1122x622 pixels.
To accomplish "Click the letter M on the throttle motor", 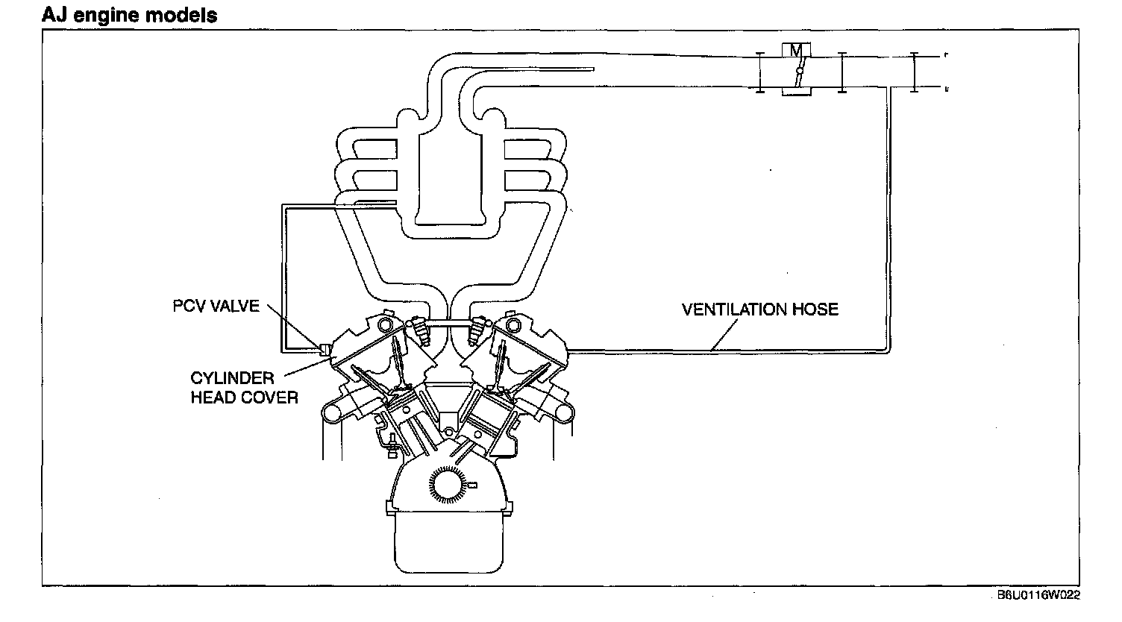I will point(797,51).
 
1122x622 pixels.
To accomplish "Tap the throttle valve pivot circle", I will point(797,72).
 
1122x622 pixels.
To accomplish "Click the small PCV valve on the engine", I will point(325,348).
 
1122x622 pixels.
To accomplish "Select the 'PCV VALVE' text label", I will point(216,307).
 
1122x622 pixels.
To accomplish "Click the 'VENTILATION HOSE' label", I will point(759,309).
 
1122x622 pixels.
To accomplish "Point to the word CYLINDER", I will point(232,378).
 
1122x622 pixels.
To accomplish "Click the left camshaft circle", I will point(385,325).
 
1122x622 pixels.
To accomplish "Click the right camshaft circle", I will point(511,325).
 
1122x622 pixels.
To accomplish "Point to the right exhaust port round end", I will point(565,411).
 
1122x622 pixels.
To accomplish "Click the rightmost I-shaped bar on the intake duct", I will point(914,72).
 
